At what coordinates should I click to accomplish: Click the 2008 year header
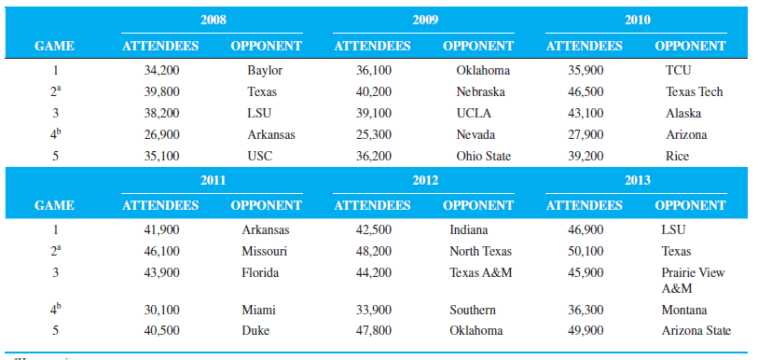click(x=213, y=20)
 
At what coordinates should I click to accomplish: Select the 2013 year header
click(x=638, y=180)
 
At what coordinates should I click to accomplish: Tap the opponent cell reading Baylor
click(x=265, y=70)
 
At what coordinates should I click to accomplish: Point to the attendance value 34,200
click(x=161, y=70)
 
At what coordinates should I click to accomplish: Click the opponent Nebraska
click(x=481, y=91)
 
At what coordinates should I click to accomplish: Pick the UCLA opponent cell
click(x=474, y=113)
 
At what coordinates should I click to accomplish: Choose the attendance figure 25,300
click(x=374, y=134)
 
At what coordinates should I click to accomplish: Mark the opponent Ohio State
click(x=484, y=156)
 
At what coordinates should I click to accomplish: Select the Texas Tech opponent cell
click(x=694, y=91)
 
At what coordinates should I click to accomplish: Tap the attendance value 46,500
click(x=586, y=91)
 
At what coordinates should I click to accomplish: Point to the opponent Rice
click(x=678, y=156)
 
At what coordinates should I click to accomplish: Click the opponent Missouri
click(x=264, y=251)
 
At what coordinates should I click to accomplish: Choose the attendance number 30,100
click(x=161, y=310)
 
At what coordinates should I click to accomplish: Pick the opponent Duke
click(x=255, y=330)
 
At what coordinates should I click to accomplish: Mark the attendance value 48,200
click(x=374, y=251)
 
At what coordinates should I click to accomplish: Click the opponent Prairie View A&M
click(x=693, y=280)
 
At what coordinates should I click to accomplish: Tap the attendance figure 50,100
click(x=586, y=251)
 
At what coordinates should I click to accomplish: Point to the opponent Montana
click(x=684, y=310)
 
